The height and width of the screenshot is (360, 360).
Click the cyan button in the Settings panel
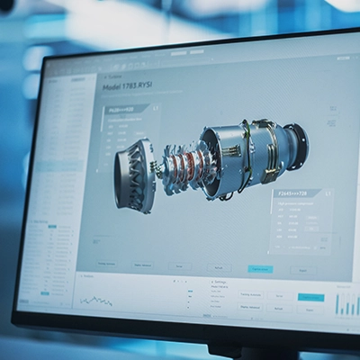310,297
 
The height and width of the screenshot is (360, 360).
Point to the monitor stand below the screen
238,353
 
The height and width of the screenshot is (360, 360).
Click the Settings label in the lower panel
221,282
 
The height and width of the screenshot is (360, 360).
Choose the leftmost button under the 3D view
106,264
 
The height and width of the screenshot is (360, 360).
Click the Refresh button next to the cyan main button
219,267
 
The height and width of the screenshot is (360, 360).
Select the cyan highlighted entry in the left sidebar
45,292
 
